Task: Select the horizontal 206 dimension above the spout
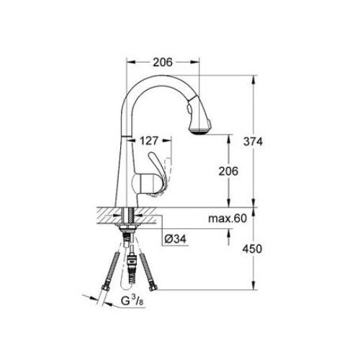tap(163, 63)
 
